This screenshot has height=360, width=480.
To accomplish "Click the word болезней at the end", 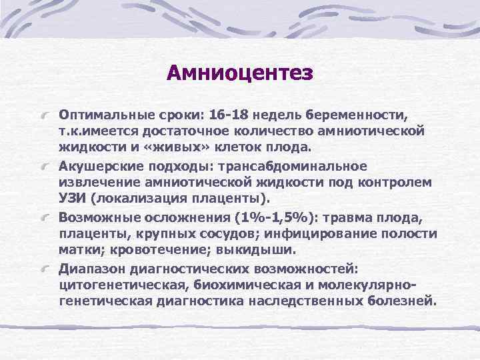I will click(x=401, y=301).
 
